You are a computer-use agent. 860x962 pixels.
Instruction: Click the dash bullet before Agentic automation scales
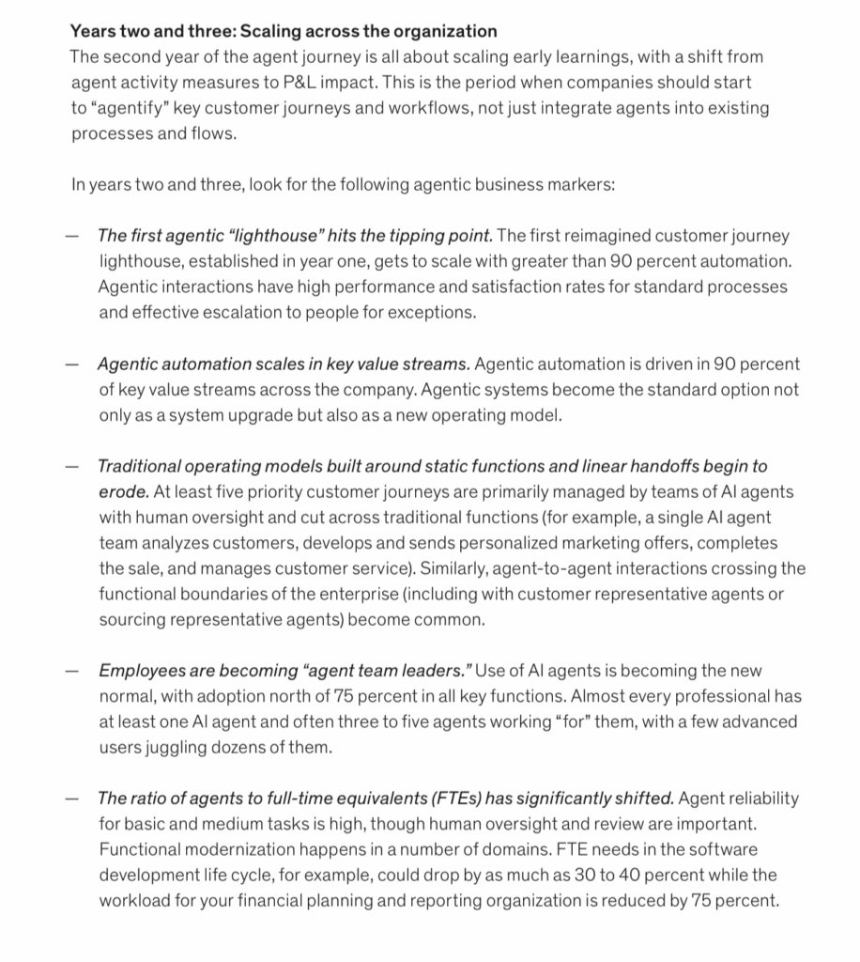click(x=71, y=364)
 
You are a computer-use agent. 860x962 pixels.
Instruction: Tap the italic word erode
click(x=122, y=491)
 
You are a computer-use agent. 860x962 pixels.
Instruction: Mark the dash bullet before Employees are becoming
click(x=71, y=671)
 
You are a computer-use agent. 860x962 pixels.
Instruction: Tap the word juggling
click(x=204, y=747)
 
